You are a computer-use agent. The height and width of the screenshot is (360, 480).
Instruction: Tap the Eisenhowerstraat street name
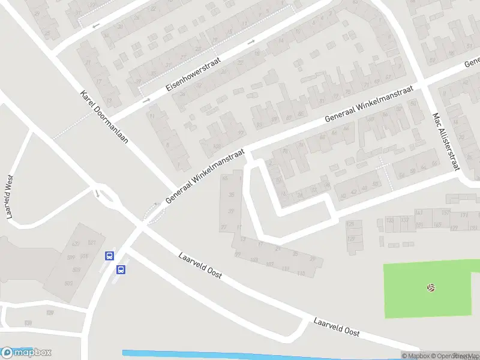193,74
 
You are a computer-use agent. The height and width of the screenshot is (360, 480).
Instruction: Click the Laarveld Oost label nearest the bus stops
200,265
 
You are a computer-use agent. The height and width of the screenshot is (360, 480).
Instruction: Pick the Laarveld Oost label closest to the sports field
336,326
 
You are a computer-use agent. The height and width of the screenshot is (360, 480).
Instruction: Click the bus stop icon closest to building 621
109,256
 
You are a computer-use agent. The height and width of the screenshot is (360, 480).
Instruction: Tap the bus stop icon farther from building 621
121,269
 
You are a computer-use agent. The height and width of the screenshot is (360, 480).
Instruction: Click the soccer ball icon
430,288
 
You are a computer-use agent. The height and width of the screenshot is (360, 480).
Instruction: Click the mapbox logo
26,353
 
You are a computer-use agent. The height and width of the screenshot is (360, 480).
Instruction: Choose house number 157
445,213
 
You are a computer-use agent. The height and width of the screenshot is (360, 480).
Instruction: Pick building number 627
76,244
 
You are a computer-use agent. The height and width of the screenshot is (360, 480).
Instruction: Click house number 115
301,274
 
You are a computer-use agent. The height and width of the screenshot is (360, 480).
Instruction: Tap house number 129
454,229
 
